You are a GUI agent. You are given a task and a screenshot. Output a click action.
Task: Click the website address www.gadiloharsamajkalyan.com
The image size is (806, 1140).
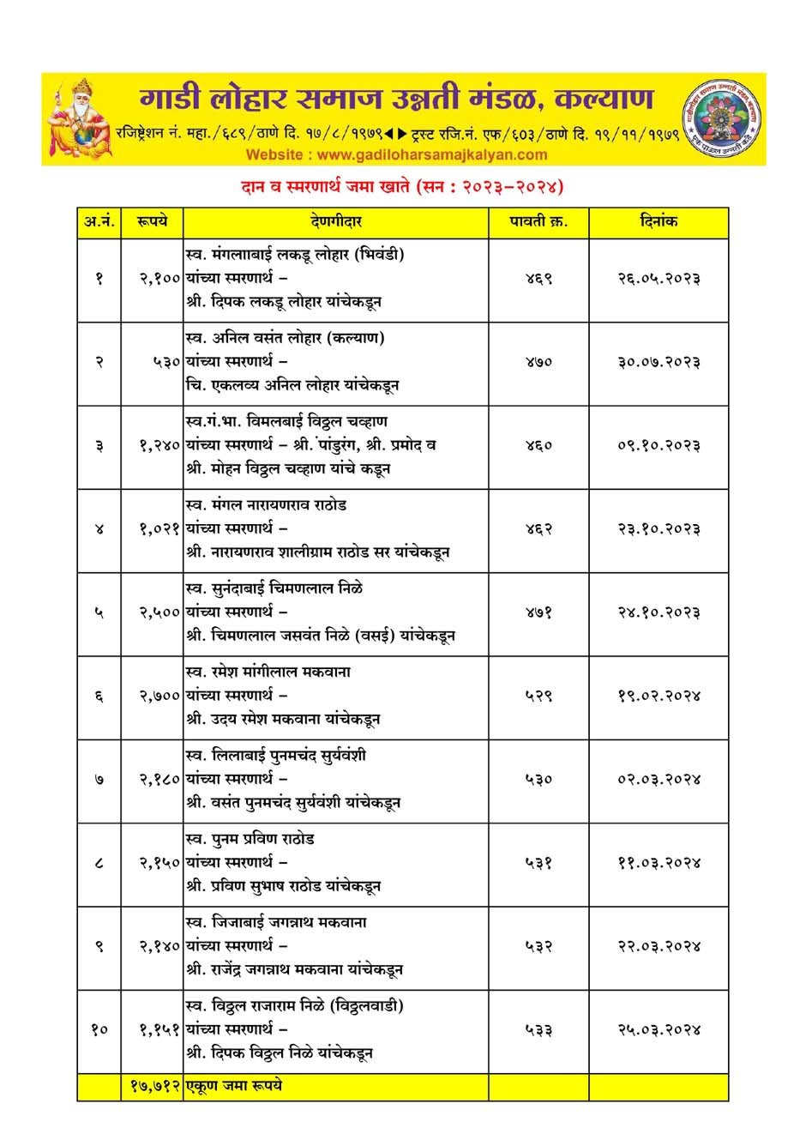396,155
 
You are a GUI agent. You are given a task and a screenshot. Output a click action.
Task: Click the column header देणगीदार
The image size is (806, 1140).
335,222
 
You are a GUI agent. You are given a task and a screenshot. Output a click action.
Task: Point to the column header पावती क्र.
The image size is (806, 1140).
538,222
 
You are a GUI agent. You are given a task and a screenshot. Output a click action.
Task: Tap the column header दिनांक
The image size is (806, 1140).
659,222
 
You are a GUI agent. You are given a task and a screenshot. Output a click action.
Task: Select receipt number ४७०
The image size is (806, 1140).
538,362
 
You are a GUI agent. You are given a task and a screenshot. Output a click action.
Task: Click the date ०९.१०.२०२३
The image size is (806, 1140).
659,445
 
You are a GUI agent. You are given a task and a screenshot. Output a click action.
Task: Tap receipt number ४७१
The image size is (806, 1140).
538,612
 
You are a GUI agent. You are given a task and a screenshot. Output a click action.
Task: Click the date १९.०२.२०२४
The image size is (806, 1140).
659,696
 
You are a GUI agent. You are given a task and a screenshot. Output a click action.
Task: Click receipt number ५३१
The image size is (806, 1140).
538,863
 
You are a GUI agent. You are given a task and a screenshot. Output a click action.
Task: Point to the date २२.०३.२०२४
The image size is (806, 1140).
659,946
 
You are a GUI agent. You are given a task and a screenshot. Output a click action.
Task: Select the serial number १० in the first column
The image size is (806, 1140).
99,1029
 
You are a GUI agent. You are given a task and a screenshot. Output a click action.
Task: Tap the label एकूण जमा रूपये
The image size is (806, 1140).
233,1086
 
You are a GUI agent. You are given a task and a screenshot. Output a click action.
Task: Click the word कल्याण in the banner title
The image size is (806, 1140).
604,99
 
